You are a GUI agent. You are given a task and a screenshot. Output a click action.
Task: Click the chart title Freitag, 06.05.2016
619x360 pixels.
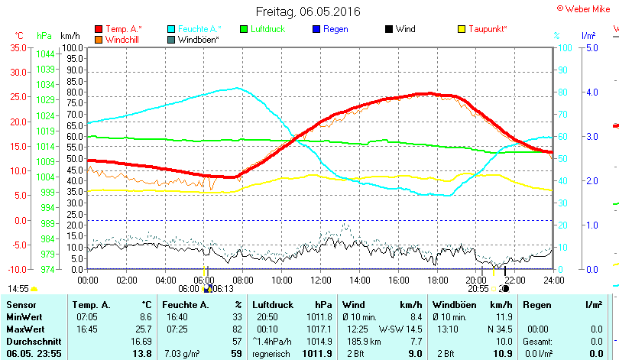coord(308,11)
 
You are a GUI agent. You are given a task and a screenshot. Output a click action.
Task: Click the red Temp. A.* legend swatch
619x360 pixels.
coord(99,29)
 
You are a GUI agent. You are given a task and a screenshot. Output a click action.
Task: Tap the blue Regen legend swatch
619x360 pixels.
coord(317,29)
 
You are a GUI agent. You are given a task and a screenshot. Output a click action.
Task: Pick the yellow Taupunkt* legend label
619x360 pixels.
coord(488,29)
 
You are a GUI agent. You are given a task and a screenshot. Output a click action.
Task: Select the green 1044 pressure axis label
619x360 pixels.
coord(45,54)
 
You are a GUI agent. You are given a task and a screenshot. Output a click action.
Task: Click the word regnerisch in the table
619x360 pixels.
coord(269,354)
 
